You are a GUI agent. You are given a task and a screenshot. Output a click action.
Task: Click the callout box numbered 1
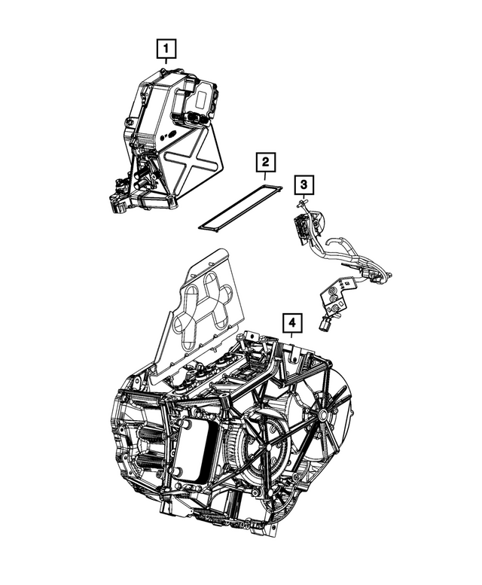pos(166,50)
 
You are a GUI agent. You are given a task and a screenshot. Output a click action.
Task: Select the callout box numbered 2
pos(265,162)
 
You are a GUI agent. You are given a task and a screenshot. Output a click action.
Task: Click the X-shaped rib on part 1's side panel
pos(188,156)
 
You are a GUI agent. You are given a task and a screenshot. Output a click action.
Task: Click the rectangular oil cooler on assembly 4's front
pos(197,452)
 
